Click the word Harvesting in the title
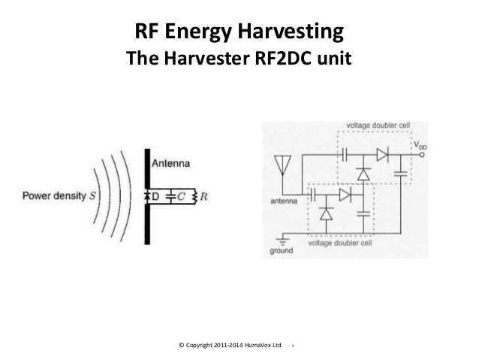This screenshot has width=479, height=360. pyautogui.click(x=292, y=32)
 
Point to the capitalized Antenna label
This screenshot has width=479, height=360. pyautogui.click(x=171, y=162)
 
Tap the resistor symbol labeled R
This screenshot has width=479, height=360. pyautogui.click(x=194, y=195)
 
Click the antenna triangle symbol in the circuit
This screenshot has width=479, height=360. pyautogui.click(x=283, y=163)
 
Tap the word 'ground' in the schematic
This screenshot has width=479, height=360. pyautogui.click(x=282, y=252)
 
